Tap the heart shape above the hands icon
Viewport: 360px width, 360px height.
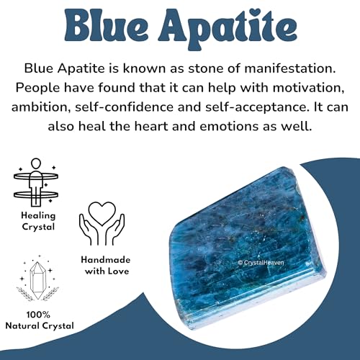pos(107,210)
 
